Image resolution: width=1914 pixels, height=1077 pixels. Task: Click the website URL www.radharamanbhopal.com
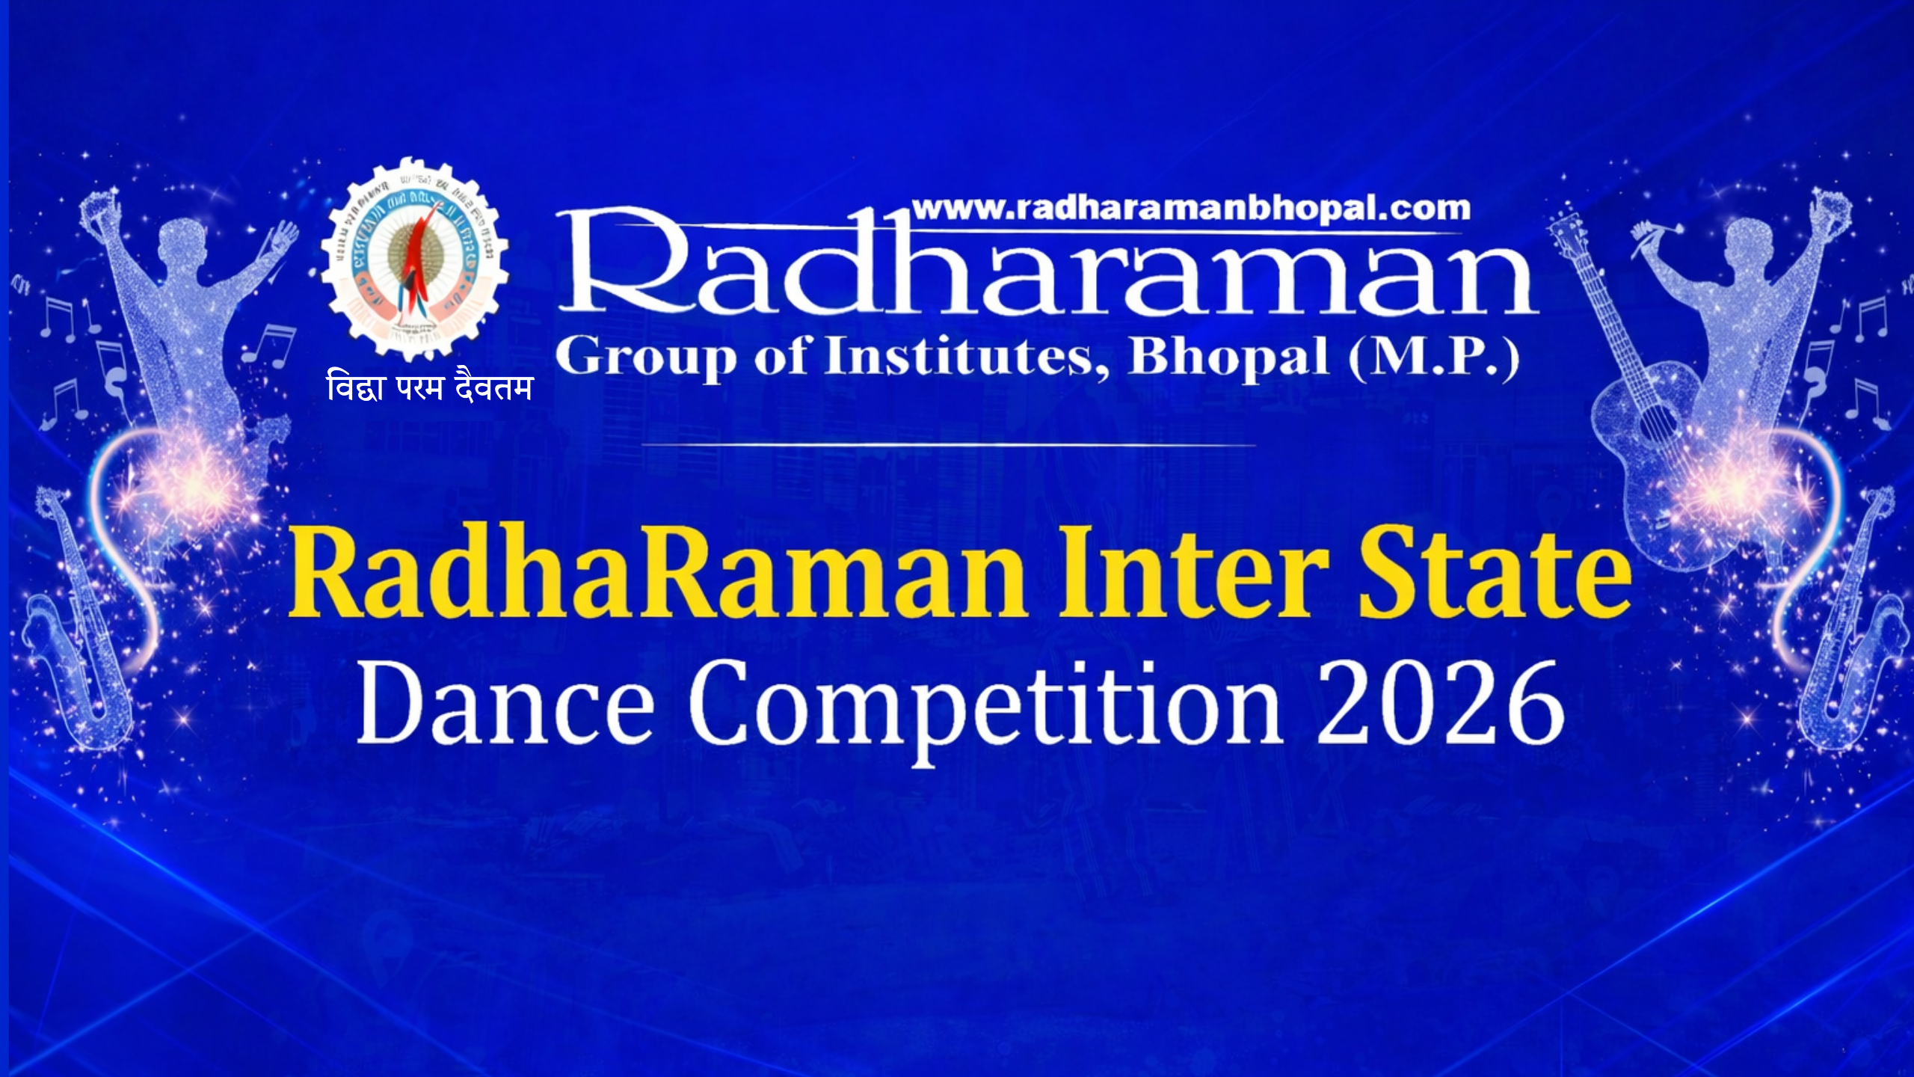tap(1191, 209)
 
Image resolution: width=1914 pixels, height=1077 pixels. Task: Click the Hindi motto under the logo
tap(430, 387)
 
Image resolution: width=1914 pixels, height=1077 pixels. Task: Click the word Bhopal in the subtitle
tap(1228, 358)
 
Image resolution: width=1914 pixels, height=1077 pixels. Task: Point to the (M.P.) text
tap(1434, 358)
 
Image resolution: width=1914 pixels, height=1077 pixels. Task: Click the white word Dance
tap(505, 703)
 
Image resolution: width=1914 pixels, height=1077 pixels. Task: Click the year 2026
tap(1440, 703)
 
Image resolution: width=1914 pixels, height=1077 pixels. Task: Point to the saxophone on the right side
tap(1850, 636)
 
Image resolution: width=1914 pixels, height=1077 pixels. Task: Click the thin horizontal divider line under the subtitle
tap(948, 445)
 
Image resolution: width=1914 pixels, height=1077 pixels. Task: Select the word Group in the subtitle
tap(646, 358)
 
